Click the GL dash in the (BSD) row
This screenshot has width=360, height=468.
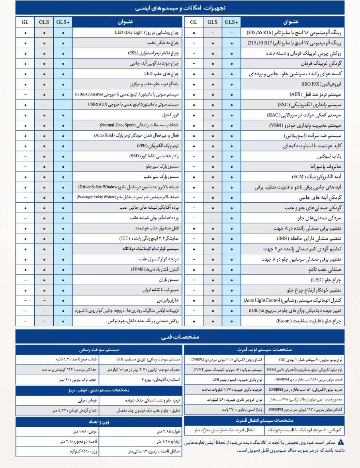click(x=25, y=157)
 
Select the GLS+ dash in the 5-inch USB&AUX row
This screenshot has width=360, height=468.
click(x=63, y=105)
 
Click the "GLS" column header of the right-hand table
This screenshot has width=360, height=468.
click(x=213, y=22)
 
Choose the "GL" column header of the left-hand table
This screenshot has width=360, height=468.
click(x=25, y=22)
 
